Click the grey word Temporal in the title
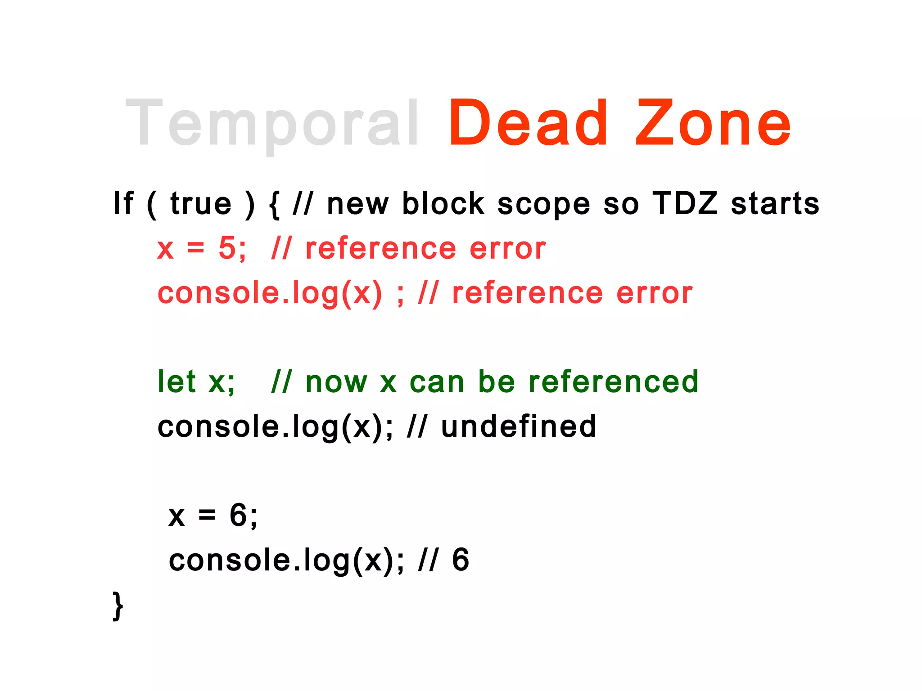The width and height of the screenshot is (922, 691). [x=272, y=124]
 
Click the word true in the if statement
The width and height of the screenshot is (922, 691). [x=201, y=204]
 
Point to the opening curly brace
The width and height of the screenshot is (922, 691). [x=274, y=205]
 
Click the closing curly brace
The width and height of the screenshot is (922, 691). [x=118, y=606]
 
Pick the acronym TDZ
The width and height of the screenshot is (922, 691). [x=685, y=203]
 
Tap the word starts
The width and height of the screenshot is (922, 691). [x=775, y=204]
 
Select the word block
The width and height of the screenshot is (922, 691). [x=443, y=204]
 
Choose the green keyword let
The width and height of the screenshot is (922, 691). [x=176, y=381]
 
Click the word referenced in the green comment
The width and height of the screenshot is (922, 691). [x=613, y=381]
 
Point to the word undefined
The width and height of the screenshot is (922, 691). [x=519, y=426]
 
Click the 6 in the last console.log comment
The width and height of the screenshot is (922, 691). [x=461, y=560]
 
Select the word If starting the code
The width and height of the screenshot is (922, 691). [x=123, y=203]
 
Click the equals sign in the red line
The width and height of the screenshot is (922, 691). [x=196, y=248]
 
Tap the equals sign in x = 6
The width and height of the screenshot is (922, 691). [x=207, y=516]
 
